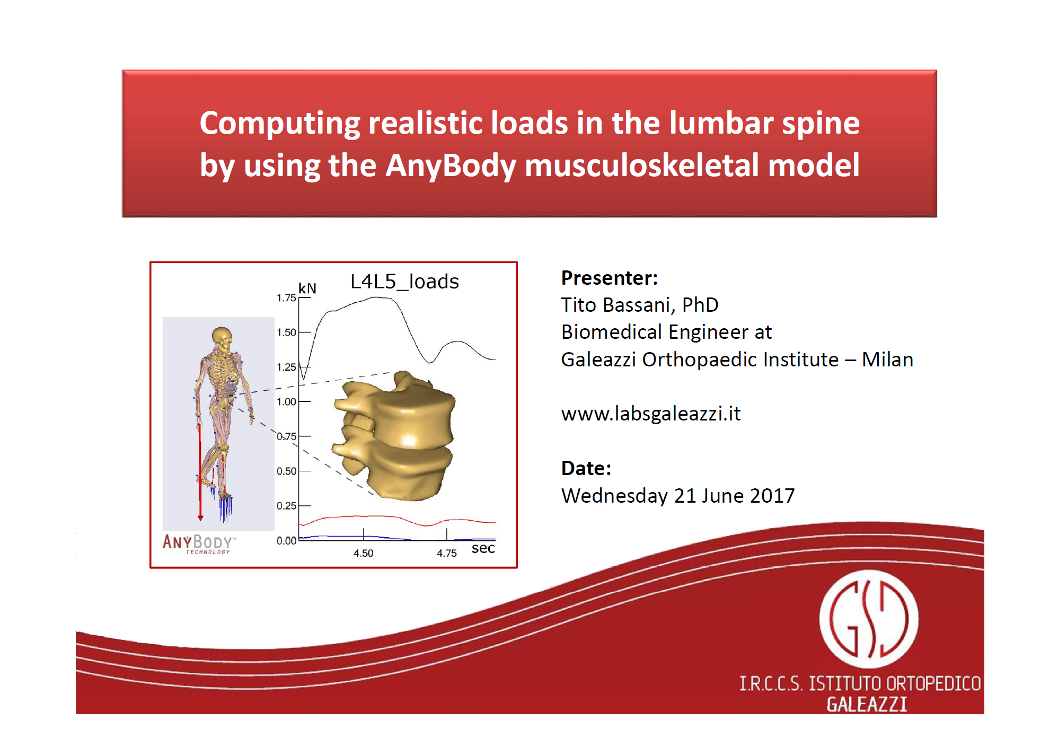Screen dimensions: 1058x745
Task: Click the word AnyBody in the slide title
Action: tap(451, 165)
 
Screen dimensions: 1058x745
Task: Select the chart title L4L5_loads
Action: tap(404, 281)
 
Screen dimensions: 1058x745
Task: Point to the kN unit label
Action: tap(307, 288)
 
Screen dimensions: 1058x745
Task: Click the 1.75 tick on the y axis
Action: tap(286, 298)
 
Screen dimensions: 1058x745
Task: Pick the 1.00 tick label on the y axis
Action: tap(286, 402)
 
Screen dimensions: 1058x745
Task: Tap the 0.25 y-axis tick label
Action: tap(286, 506)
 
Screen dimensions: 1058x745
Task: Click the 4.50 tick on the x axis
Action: tap(364, 553)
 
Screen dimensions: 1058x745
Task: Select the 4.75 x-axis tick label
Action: tap(447, 553)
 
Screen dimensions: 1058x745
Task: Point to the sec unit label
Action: tap(483, 548)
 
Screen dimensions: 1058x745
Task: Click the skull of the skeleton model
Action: tap(222, 337)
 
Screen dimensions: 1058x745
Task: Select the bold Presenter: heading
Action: tap(610, 278)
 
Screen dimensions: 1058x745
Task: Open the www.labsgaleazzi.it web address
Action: tap(651, 414)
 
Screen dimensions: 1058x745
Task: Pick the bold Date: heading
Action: tap(586, 468)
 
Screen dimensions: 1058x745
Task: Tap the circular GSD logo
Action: tap(869, 619)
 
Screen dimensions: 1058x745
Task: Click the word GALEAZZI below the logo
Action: tap(867, 704)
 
